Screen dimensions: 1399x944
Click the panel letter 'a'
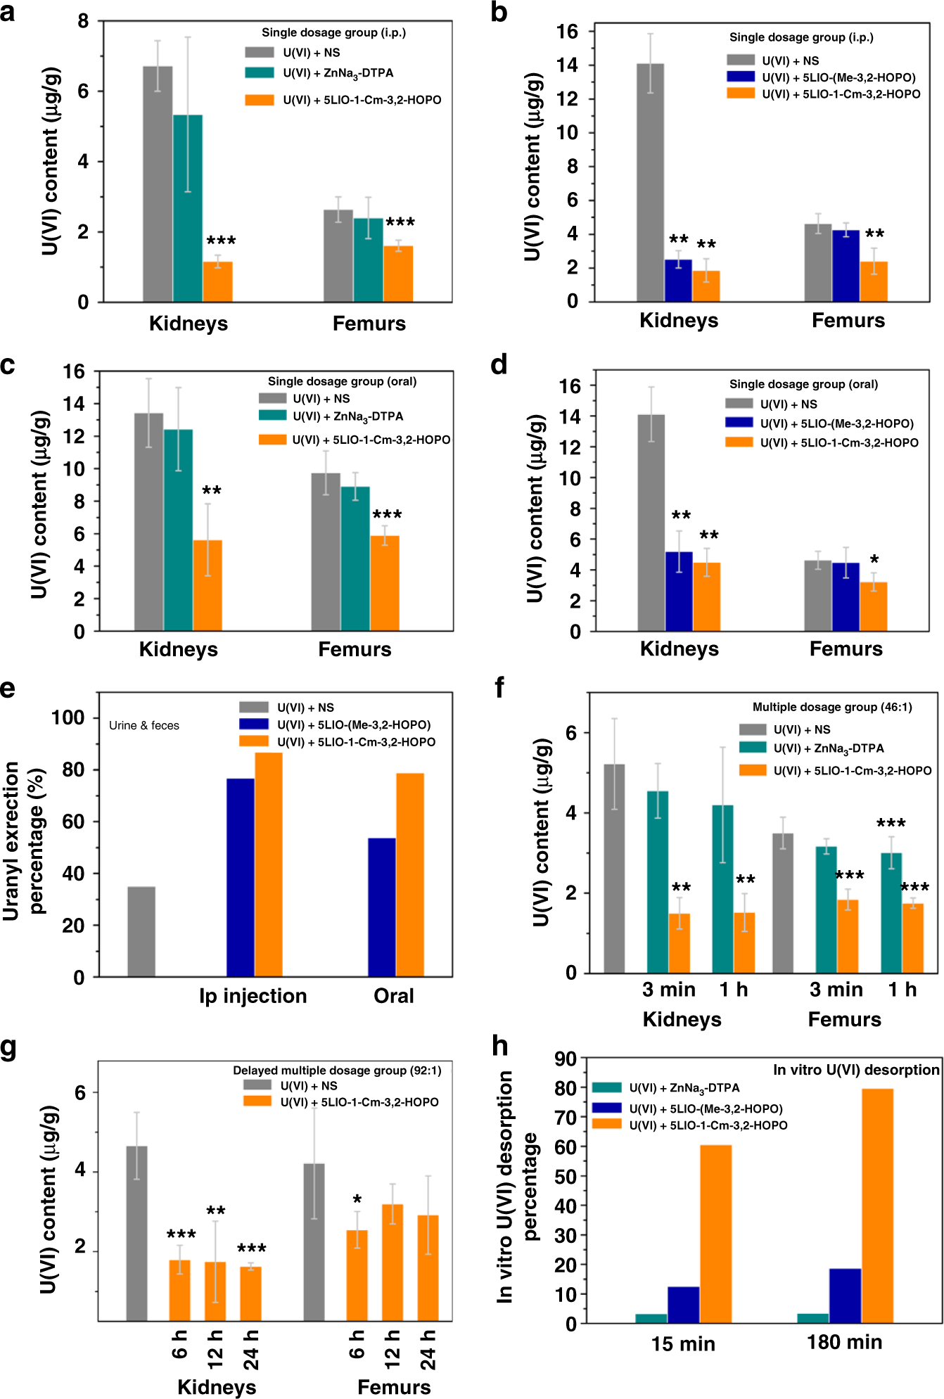pyautogui.click(x=8, y=12)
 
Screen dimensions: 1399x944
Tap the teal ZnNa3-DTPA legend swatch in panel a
pyautogui.click(x=259, y=72)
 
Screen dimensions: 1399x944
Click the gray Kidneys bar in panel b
pyautogui.click(x=650, y=183)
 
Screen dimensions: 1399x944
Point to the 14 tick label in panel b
pyautogui.click(x=567, y=65)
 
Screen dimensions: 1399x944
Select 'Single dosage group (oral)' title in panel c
pyautogui.click(x=342, y=381)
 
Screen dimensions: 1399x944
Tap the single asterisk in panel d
pyautogui.click(x=874, y=560)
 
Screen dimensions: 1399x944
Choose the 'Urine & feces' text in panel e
pyautogui.click(x=144, y=725)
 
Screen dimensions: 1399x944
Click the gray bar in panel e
pyautogui.click(x=141, y=931)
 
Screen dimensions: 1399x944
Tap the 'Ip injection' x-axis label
pyautogui.click(x=253, y=996)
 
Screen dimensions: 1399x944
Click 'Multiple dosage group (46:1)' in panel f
pyautogui.click(x=832, y=707)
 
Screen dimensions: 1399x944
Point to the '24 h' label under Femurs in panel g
pyautogui.click(x=428, y=1350)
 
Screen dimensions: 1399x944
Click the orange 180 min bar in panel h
pyautogui.click(x=877, y=1206)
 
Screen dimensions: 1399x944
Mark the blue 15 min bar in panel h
pyautogui.click(x=683, y=1305)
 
